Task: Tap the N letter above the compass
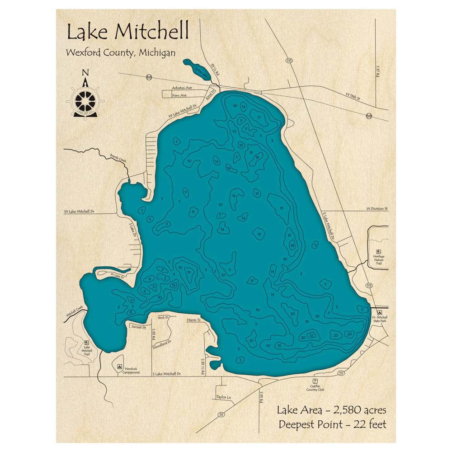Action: (x=85, y=72)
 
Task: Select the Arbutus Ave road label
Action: (x=182, y=88)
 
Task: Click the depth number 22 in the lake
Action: (x=312, y=335)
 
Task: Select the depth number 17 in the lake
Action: (x=259, y=118)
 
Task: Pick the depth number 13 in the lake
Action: (x=173, y=285)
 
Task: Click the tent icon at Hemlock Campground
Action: (x=120, y=367)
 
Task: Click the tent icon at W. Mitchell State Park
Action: (x=380, y=312)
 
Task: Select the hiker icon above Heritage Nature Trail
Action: (x=378, y=252)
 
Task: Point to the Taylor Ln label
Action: (x=223, y=398)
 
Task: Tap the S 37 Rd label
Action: (x=378, y=72)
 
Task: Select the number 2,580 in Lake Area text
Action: (x=353, y=410)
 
